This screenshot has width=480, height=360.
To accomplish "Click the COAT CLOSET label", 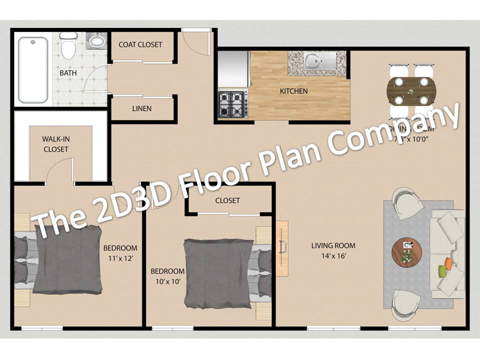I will tap(140, 44).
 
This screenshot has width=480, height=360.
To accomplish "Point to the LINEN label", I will tap(142, 108).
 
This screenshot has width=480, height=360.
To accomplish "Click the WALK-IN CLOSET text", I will tap(55, 144).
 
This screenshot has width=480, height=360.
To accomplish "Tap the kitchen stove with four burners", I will tap(232, 103).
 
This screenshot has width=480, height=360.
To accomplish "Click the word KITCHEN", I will tap(293, 91).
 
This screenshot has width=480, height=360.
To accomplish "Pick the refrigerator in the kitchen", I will tap(233, 68).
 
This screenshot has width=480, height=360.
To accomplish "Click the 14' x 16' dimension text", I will tap(333, 256).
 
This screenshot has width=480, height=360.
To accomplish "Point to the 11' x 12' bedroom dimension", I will tap(120, 259).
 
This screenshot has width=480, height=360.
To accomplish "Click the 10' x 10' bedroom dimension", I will tap(167, 281).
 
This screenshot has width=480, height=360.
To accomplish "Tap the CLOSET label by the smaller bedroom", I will tap(227, 200).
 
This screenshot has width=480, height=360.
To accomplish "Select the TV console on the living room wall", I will tap(282, 245).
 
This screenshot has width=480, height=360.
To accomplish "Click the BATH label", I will tap(68, 73).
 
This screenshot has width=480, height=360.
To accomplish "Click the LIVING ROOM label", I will tap(333, 245).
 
